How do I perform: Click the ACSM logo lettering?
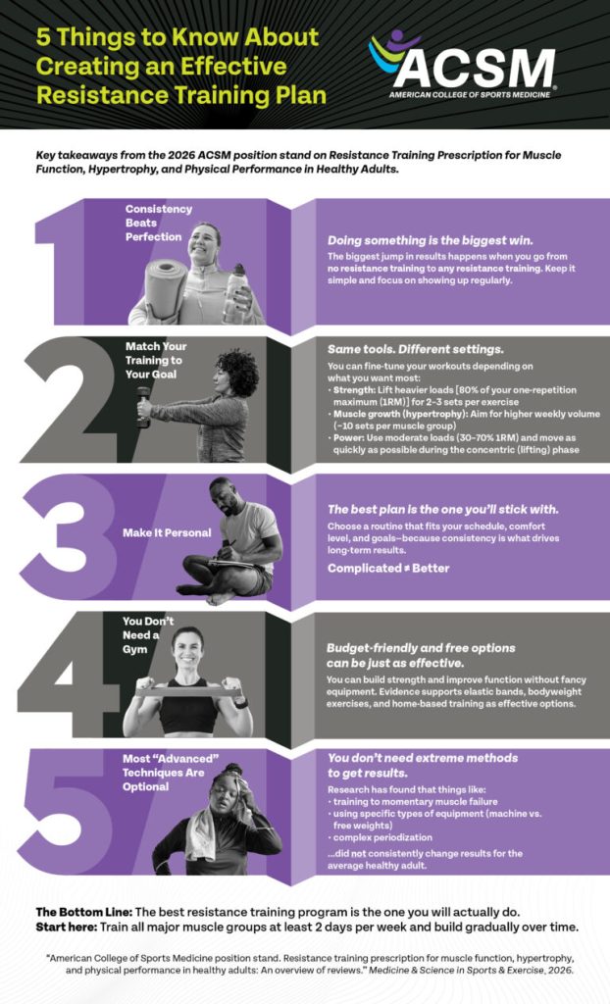click(x=474, y=68)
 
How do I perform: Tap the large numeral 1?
click(x=61, y=263)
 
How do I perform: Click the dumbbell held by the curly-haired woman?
click(x=143, y=406)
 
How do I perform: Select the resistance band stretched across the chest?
click(x=189, y=691)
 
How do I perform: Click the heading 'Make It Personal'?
click(x=167, y=532)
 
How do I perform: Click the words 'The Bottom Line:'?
click(x=84, y=912)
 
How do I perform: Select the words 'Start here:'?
click(x=66, y=927)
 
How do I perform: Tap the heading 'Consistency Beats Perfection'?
click(x=158, y=223)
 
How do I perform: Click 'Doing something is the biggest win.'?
click(x=430, y=241)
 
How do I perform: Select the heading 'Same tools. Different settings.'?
click(x=415, y=350)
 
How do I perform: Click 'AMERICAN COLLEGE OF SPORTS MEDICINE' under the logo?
click(x=470, y=95)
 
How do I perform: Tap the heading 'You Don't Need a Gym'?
click(x=148, y=635)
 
